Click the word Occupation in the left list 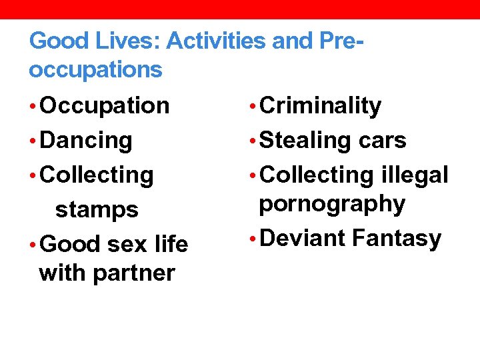click(105, 106)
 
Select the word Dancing click(86, 141)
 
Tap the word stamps click(97, 210)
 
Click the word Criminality click(321, 106)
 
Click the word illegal click(416, 175)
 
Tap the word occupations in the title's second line click(95, 69)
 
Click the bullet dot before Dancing click(33, 141)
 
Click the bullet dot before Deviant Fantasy click(252, 239)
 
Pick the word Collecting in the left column click(97, 175)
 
